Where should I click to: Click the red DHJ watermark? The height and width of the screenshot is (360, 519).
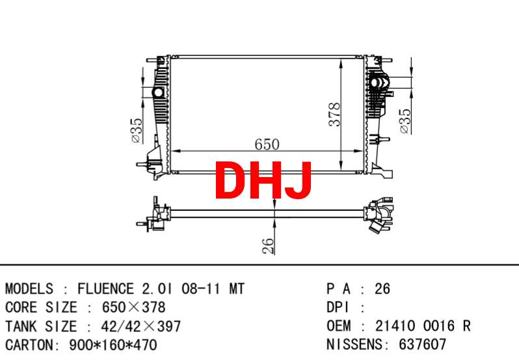[263, 180]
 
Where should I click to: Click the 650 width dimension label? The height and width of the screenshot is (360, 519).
[267, 145]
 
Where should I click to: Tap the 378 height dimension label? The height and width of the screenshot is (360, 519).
[335, 115]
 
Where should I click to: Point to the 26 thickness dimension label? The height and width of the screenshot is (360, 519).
[269, 246]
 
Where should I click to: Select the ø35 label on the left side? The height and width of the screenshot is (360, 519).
[137, 130]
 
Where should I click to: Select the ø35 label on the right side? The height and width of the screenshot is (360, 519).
[405, 121]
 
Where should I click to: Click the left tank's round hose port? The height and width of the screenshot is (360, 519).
[158, 92]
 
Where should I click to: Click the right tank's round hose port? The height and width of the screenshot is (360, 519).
[375, 82]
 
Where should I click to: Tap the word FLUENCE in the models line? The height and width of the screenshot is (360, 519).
[105, 289]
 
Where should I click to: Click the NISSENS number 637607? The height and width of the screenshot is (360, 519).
[422, 344]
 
